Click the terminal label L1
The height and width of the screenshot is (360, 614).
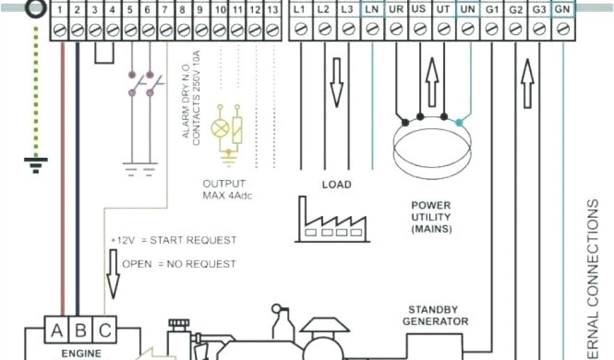300,10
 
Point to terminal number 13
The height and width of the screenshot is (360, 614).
272,10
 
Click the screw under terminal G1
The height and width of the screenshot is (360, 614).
491,29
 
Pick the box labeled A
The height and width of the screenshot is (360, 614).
57,331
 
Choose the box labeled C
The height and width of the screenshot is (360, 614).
104,331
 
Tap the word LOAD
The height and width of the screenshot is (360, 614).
336,185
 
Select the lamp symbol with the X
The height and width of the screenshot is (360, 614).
219,128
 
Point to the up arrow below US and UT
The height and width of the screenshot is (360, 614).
432,81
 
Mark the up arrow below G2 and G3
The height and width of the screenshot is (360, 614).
527,83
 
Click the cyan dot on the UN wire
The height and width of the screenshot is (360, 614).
459,122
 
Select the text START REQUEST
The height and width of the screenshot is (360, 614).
193,241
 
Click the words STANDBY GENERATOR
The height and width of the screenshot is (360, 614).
435,316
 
